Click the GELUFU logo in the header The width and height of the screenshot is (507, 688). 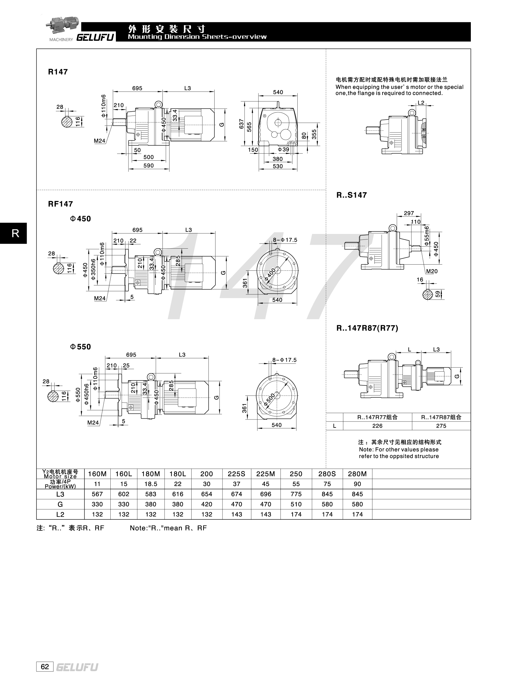[x=95, y=37]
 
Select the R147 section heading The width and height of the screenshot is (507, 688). [x=58, y=72]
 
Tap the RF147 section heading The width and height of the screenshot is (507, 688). [x=60, y=204]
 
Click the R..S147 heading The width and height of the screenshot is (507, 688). [x=351, y=195]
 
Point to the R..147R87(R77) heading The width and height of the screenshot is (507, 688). [x=367, y=328]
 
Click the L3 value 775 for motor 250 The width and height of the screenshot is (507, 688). [x=296, y=494]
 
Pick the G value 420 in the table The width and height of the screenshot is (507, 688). [x=207, y=504]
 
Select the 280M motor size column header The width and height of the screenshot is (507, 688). [x=357, y=474]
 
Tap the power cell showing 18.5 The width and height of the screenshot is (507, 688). [x=151, y=484]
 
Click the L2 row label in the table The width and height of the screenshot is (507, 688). [x=60, y=514]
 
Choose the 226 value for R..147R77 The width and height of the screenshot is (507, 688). [x=377, y=426]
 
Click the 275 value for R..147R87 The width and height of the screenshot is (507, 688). [x=441, y=426]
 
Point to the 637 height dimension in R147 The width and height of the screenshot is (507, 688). [x=242, y=124]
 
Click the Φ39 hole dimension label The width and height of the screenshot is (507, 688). [x=283, y=150]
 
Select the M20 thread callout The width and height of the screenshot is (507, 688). [x=432, y=271]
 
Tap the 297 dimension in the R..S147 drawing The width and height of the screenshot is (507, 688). [x=409, y=213]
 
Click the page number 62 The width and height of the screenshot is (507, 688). [x=45, y=667]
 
